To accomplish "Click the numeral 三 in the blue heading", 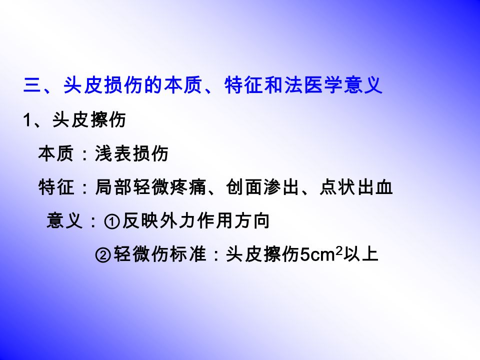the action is click(33, 85).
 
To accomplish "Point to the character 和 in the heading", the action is click(273, 85).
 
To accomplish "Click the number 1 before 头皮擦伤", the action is click(27, 119).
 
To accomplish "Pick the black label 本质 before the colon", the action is click(56, 153).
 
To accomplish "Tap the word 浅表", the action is click(113, 153).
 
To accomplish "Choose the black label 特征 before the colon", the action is click(56, 187).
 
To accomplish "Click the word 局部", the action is click(113, 187).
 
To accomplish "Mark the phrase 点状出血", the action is click(356, 187).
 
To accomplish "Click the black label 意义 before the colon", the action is click(64, 220).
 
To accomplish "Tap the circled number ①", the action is click(111, 221).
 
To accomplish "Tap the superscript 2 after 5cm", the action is click(339, 251).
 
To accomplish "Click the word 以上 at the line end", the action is click(360, 254).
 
